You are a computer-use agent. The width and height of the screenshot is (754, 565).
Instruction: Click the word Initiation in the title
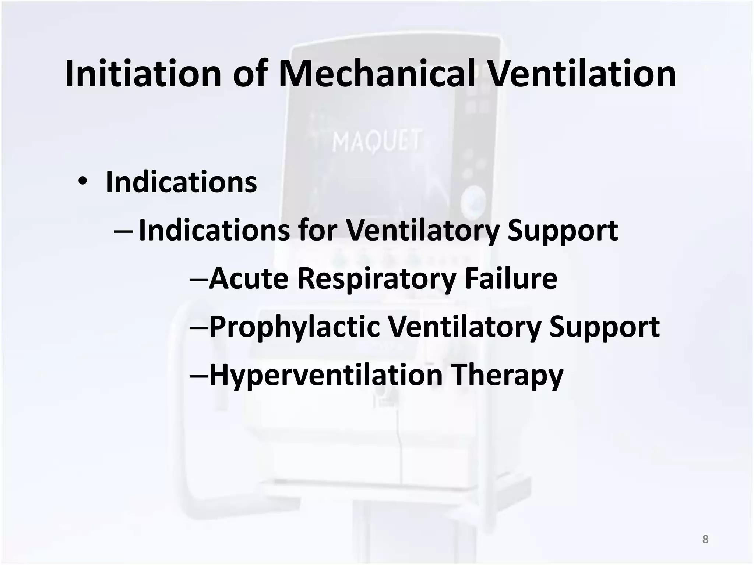143,74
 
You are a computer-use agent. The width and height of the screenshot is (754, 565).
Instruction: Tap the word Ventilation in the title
582,74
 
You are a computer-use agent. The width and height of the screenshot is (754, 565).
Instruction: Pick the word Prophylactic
295,327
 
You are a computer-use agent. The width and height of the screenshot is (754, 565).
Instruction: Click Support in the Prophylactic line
604,327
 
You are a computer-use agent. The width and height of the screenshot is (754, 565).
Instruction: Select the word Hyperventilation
326,376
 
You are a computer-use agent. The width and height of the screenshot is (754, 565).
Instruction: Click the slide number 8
705,539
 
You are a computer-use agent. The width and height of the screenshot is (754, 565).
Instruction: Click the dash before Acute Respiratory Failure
199,280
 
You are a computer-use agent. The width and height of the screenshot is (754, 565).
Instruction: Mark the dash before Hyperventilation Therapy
199,376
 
